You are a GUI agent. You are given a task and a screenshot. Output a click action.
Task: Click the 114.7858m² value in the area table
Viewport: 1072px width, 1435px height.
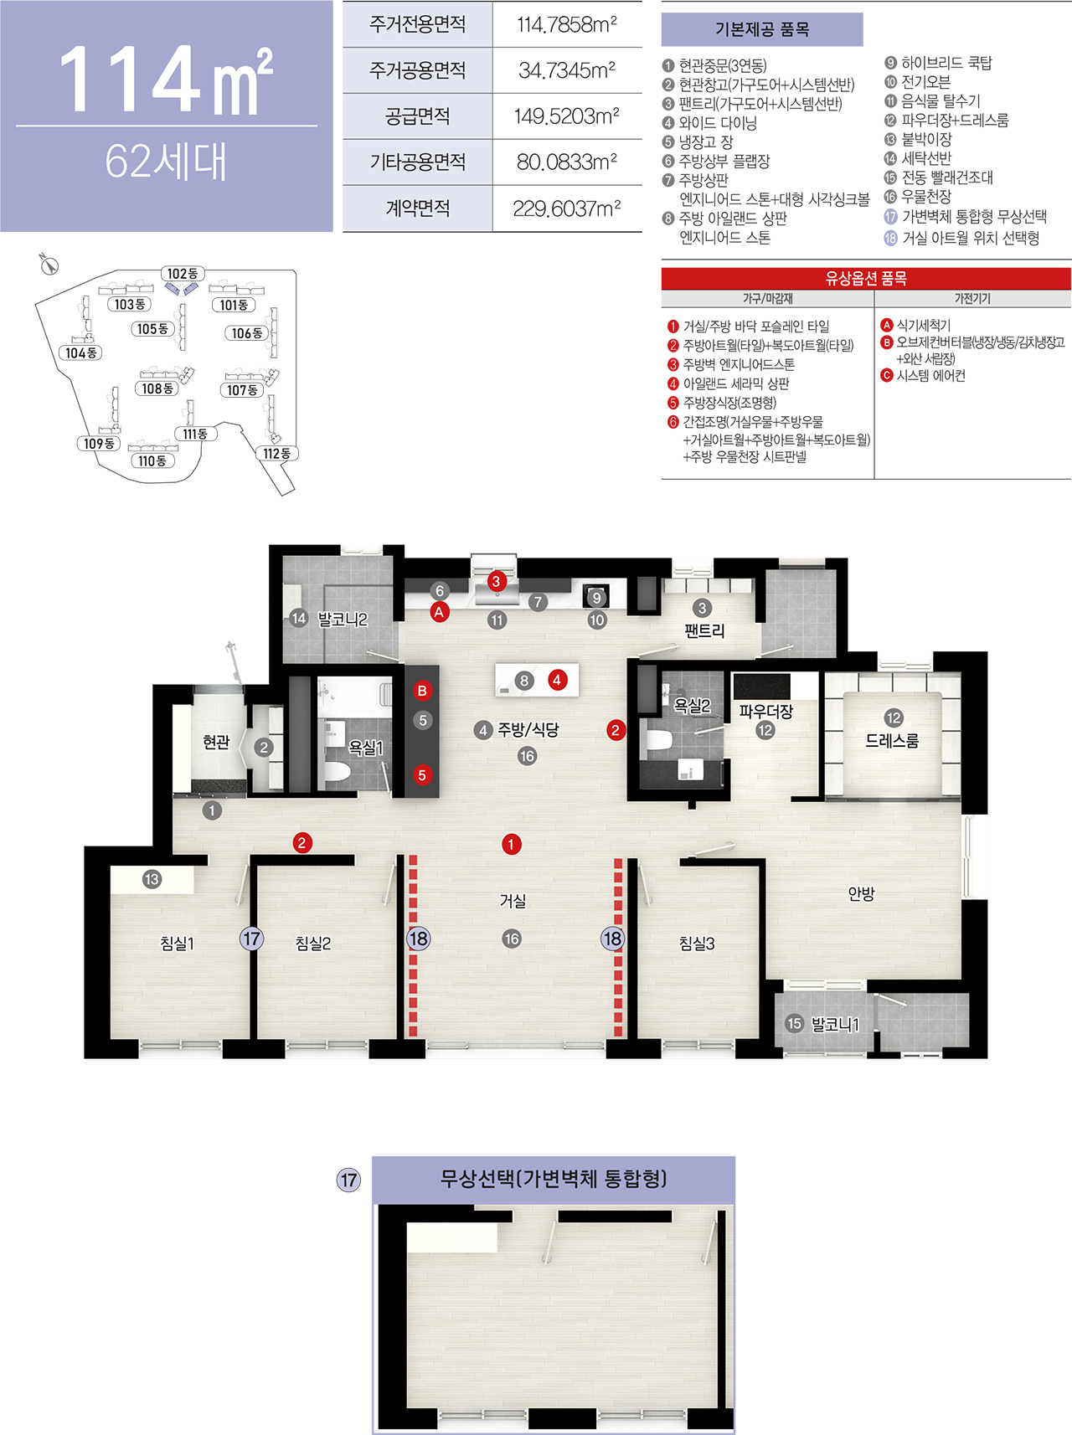(x=567, y=25)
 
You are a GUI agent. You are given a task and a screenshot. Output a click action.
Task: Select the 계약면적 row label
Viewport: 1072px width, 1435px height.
(x=417, y=208)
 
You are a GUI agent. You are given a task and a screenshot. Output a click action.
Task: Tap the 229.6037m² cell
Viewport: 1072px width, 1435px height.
(x=567, y=208)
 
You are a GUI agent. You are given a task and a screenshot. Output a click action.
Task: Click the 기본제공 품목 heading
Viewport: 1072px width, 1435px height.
(x=761, y=30)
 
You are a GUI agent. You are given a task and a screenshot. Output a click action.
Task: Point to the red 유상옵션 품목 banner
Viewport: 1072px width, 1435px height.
(x=866, y=278)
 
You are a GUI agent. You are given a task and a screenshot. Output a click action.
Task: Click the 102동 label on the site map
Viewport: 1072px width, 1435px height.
(x=183, y=274)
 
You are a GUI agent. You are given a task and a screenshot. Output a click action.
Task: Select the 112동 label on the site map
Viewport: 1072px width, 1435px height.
(x=276, y=454)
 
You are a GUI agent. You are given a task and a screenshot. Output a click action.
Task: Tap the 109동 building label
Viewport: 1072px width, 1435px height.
(x=100, y=444)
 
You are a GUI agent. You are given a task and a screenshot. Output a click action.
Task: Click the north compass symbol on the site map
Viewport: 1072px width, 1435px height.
(x=49, y=265)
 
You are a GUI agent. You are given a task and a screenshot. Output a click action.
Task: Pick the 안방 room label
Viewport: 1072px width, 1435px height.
(x=861, y=894)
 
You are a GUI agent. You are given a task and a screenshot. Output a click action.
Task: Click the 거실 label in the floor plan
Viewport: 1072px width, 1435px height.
(x=513, y=901)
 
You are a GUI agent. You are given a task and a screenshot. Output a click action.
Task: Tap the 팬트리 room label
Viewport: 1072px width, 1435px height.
(x=704, y=630)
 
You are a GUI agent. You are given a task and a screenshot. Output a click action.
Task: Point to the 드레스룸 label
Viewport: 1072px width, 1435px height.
(x=892, y=741)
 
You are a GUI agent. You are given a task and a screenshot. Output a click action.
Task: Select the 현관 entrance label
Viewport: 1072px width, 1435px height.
(x=216, y=742)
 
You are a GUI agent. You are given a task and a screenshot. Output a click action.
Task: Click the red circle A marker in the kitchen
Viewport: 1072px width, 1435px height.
(x=439, y=612)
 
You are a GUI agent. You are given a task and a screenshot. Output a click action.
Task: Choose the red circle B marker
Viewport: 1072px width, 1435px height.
(x=422, y=691)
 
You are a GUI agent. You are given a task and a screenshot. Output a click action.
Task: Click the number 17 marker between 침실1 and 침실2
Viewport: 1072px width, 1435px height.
(x=251, y=939)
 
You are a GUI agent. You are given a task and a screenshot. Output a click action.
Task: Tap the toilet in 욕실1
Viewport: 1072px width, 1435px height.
(x=337, y=771)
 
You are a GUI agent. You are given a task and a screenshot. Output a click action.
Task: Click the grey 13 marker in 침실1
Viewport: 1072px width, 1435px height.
(x=152, y=879)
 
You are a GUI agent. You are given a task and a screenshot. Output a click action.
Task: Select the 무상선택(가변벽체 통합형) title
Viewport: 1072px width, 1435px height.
(x=554, y=1180)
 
